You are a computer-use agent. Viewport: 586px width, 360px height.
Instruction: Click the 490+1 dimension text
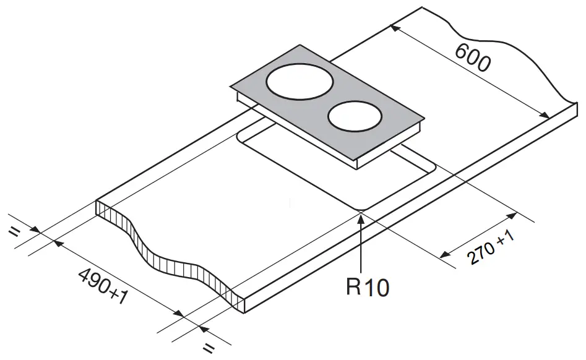104,286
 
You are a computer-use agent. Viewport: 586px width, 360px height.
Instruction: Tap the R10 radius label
367,287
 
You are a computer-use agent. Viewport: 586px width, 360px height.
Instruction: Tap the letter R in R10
353,287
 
